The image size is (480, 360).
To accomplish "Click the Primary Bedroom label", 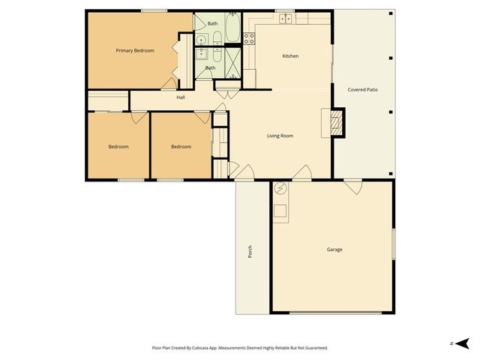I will coord(135,50).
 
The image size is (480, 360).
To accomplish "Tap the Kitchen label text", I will coord(290,56).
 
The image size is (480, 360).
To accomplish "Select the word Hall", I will coord(181,97).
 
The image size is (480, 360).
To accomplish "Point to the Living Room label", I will coord(280,136).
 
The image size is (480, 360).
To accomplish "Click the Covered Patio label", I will coord(362,89).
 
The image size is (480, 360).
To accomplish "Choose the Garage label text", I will coord(334,249).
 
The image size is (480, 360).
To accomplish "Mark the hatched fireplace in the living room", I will coord(337,122).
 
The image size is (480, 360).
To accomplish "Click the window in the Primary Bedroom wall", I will coord(154,10).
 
